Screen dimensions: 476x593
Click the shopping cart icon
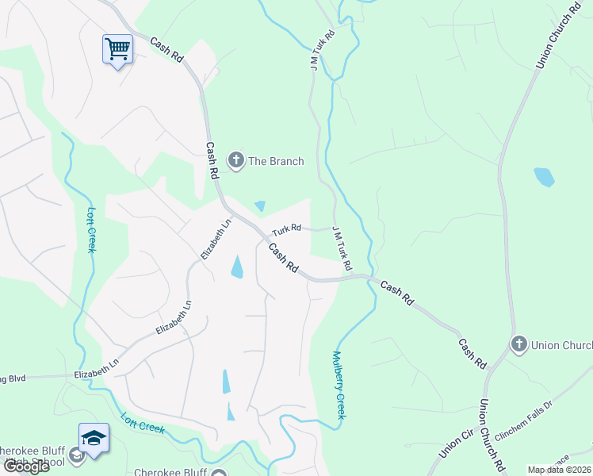[x=117, y=49]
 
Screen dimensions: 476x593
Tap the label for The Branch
[x=276, y=161]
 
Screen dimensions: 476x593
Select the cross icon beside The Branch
[x=235, y=161]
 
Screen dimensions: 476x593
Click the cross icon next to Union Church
[x=519, y=344]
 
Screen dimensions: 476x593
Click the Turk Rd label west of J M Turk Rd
[x=286, y=229]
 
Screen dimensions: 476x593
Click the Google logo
[x=26, y=466]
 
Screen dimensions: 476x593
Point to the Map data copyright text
[x=560, y=470]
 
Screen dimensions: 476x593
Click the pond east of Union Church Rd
[x=544, y=176]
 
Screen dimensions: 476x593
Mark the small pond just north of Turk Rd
[x=259, y=206]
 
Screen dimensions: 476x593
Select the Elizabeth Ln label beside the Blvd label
[x=96, y=370]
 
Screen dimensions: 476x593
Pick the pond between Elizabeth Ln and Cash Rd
[x=236, y=267]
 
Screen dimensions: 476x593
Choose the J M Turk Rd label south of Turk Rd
[x=340, y=246]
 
